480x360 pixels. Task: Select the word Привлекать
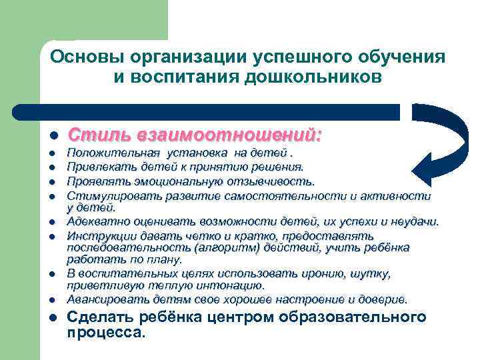click(97, 168)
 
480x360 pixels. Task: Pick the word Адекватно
click(95, 221)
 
